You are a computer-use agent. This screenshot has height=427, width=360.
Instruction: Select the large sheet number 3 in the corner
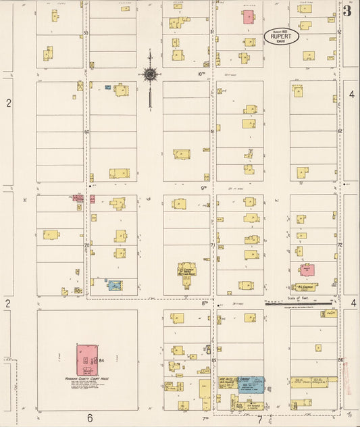point(347,11)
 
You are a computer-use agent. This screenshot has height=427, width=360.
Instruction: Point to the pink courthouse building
point(86,360)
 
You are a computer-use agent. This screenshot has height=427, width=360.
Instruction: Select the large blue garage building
point(251,385)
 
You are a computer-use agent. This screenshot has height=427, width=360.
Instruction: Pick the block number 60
point(86,132)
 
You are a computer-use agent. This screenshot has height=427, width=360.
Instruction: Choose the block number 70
point(86,245)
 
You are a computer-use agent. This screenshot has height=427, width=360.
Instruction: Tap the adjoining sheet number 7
point(259,419)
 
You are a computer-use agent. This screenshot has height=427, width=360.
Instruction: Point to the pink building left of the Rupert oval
point(249,16)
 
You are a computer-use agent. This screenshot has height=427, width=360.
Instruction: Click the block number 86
point(340,360)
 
